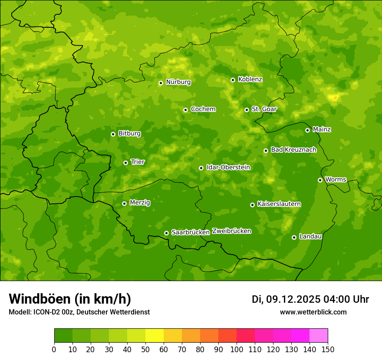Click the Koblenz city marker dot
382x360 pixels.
[233, 80]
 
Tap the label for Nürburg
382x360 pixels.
[178, 82]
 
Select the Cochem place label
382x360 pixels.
[203, 109]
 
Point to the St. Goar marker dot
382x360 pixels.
[247, 110]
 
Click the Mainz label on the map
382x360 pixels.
[322, 130]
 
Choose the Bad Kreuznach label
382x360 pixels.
[293, 150]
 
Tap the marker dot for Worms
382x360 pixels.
[320, 180]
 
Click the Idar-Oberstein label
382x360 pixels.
[228, 167]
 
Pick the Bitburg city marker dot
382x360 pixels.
[113, 134]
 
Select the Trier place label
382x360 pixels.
[138, 162]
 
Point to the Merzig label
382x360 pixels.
[140, 203]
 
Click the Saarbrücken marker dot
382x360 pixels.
[166, 233]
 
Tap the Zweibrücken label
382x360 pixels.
[231, 231]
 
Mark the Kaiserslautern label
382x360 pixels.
[279, 204]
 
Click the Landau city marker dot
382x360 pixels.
[294, 237]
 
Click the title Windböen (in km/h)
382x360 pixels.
[69, 299]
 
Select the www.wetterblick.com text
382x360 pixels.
[313, 312]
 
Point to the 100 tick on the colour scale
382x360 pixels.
[237, 349]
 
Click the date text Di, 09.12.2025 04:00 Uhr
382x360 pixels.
[310, 299]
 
